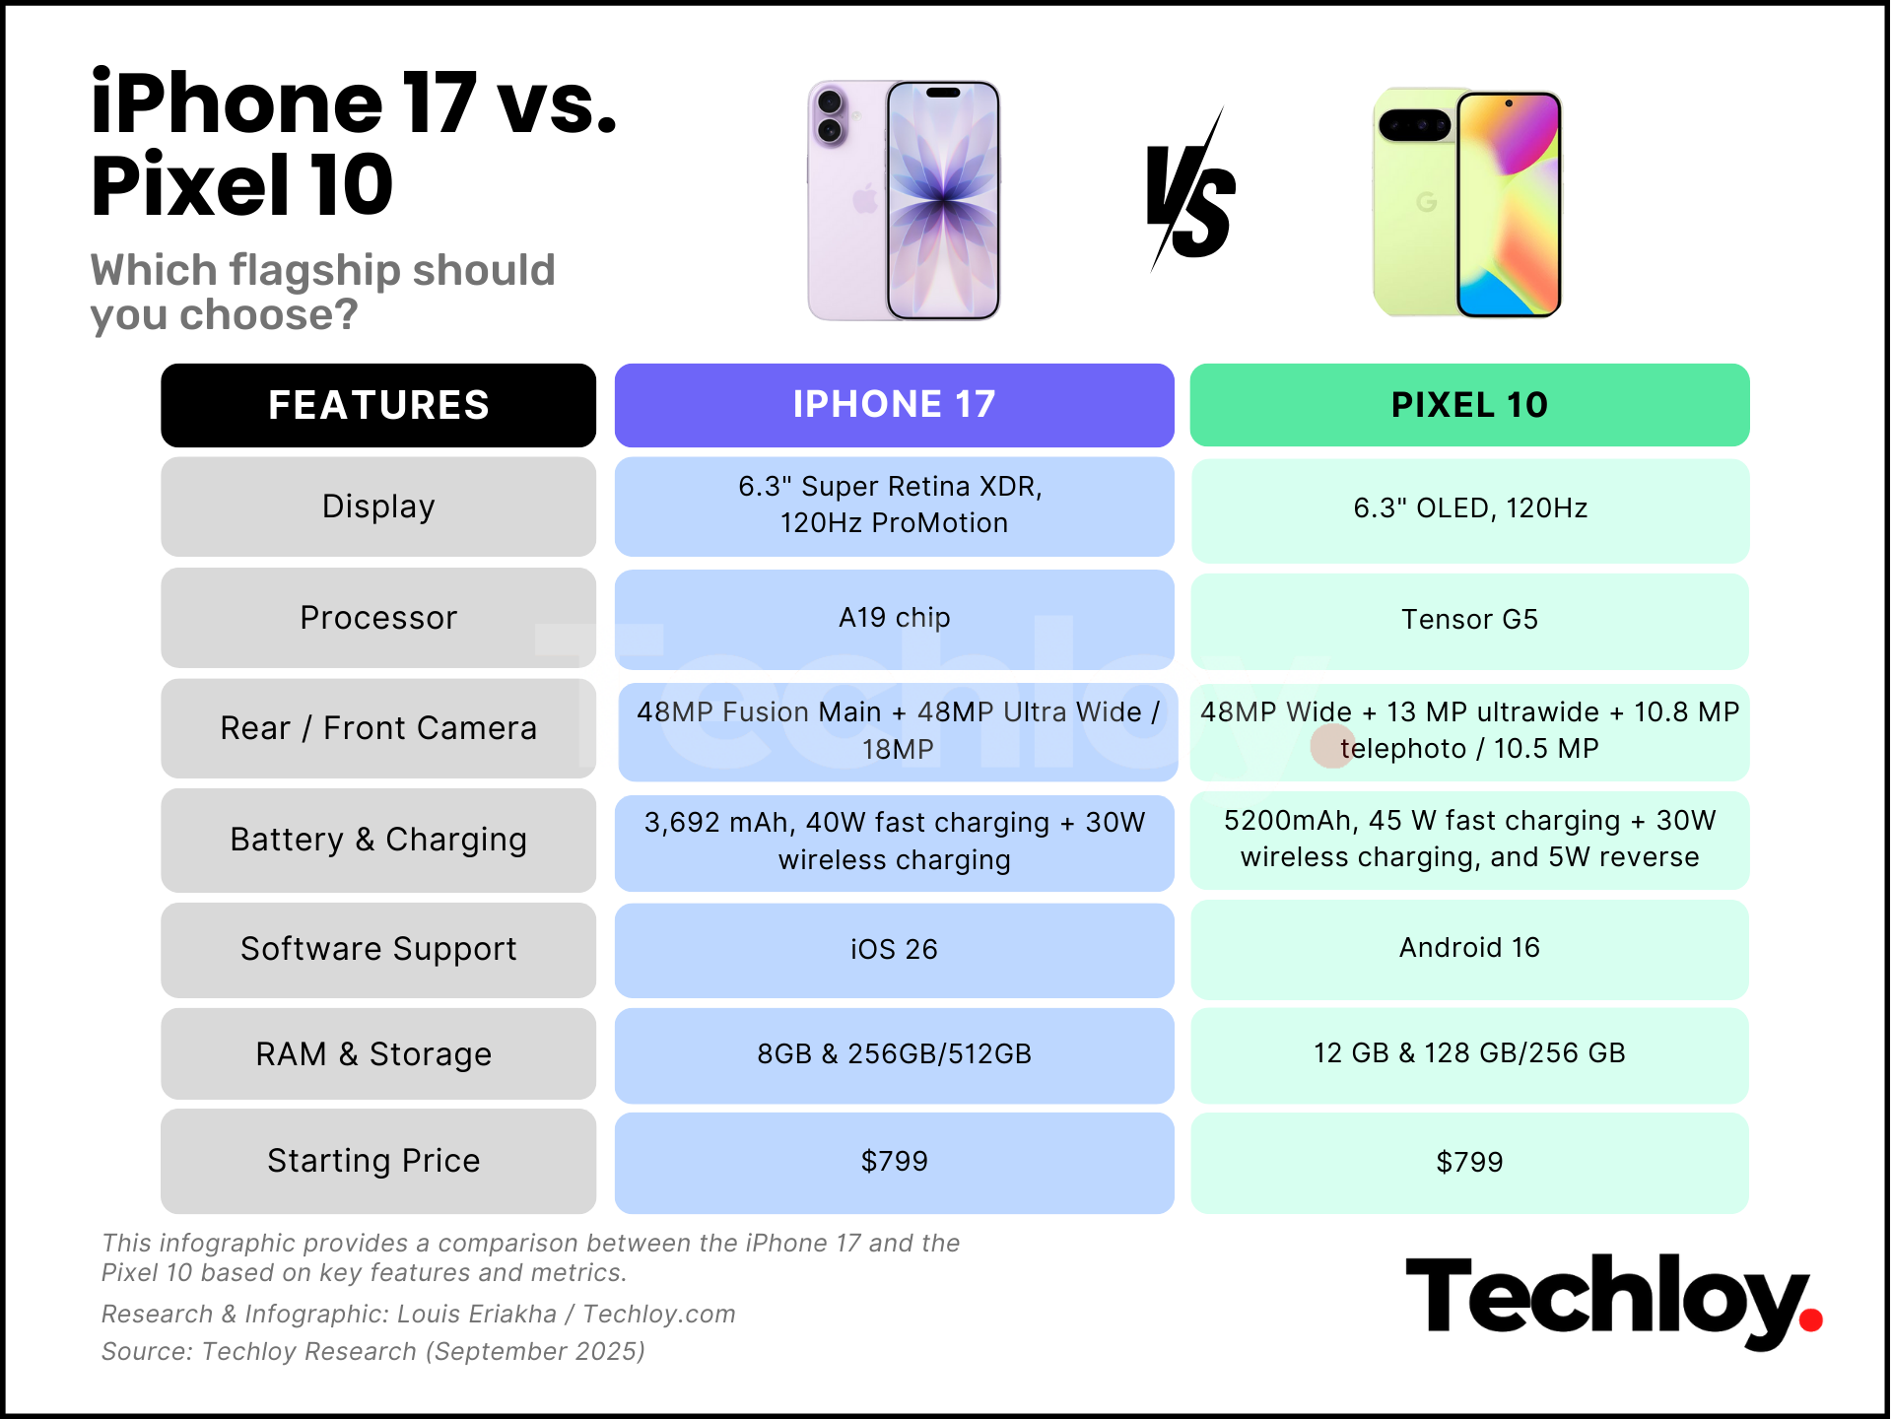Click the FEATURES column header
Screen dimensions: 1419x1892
pyautogui.click(x=378, y=405)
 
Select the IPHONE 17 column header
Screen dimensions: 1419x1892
pyautogui.click(x=894, y=405)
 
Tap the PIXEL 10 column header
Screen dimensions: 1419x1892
pyautogui.click(x=1469, y=405)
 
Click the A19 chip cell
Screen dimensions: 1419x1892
pyautogui.click(x=894, y=618)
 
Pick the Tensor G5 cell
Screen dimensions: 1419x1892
pyautogui.click(x=1469, y=620)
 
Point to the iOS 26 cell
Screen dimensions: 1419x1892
pyautogui.click(x=894, y=949)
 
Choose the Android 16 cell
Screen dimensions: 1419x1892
pyautogui.click(x=1469, y=948)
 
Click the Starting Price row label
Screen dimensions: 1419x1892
pyautogui.click(x=374, y=1161)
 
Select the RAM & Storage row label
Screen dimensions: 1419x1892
pyautogui.click(x=374, y=1054)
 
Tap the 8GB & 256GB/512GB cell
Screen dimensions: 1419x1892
pyautogui.click(x=894, y=1054)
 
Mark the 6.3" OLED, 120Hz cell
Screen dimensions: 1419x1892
pyautogui.click(x=1469, y=508)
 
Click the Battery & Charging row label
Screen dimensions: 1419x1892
pyautogui.click(x=378, y=840)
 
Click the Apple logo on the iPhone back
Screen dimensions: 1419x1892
pyautogui.click(x=865, y=199)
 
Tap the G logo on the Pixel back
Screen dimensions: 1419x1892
pyautogui.click(x=1425, y=202)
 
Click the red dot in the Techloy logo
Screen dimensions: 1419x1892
pyautogui.click(x=1810, y=1319)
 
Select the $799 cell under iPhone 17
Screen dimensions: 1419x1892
pyautogui.click(x=894, y=1162)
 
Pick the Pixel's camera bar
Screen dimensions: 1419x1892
pyautogui.click(x=1414, y=125)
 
